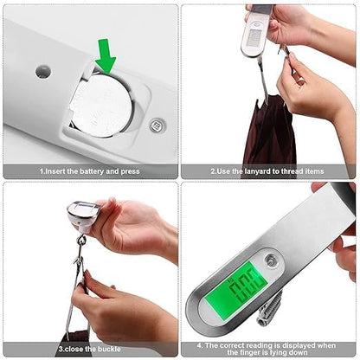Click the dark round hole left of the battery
(x=42, y=71)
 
